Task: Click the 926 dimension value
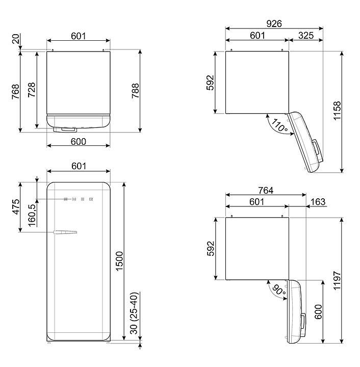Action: point(274,23)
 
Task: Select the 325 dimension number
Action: point(306,36)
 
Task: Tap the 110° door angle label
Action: point(279,125)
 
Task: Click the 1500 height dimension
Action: point(119,261)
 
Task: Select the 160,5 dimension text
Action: point(32,215)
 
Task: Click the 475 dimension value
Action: point(16,206)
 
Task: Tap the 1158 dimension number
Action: point(337,111)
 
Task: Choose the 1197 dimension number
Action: point(337,281)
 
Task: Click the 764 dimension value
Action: point(266,191)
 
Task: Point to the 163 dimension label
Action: point(318,202)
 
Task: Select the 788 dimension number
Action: point(135,91)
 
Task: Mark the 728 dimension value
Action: point(32,90)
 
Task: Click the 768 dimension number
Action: point(16,91)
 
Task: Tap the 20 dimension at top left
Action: point(16,39)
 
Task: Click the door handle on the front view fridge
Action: point(65,232)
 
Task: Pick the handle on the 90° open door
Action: point(303,325)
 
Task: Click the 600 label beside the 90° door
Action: point(318,312)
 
